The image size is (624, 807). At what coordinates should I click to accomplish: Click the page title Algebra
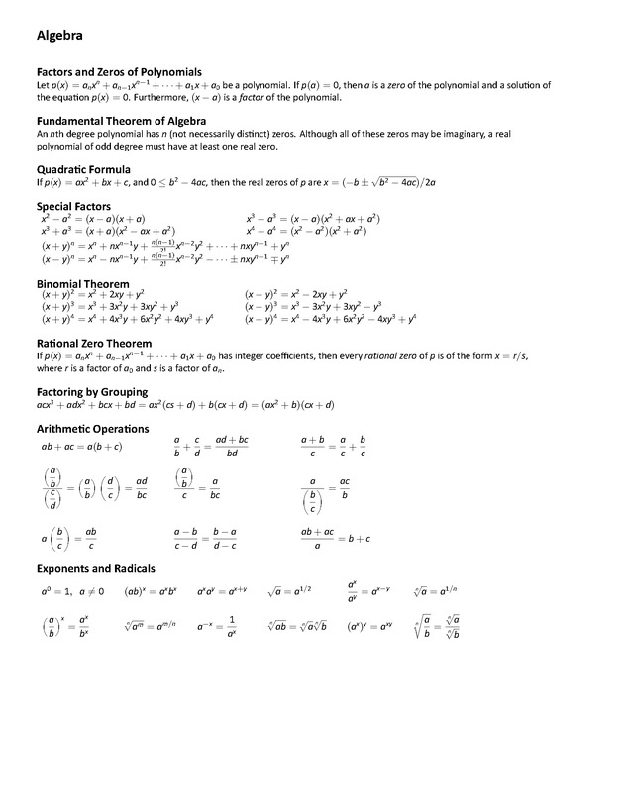[59, 36]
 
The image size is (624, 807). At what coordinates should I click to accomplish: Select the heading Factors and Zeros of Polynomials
[119, 72]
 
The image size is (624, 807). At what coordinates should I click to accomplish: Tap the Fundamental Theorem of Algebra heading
[120, 121]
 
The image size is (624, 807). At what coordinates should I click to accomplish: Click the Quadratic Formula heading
[83, 170]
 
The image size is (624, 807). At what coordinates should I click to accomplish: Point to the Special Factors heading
[76, 207]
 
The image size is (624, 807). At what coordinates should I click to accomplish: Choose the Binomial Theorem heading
[83, 284]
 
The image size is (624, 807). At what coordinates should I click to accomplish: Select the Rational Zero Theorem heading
[93, 343]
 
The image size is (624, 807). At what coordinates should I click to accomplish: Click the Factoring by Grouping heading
[92, 392]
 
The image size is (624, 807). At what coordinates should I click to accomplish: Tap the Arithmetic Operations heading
[92, 429]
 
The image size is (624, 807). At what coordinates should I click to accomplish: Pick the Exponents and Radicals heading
[95, 569]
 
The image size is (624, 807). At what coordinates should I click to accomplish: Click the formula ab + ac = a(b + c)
[81, 447]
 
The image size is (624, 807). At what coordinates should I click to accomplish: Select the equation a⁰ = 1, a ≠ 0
[71, 592]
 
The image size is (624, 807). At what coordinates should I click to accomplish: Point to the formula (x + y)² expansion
[93, 295]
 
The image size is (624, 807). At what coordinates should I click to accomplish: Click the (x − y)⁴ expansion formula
[330, 319]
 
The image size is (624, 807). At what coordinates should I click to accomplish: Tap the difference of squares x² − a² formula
[93, 218]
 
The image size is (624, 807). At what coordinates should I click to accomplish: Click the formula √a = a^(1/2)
[289, 591]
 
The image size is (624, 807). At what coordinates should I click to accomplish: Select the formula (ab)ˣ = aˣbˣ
[150, 592]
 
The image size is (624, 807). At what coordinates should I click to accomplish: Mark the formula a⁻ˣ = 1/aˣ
[217, 626]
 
